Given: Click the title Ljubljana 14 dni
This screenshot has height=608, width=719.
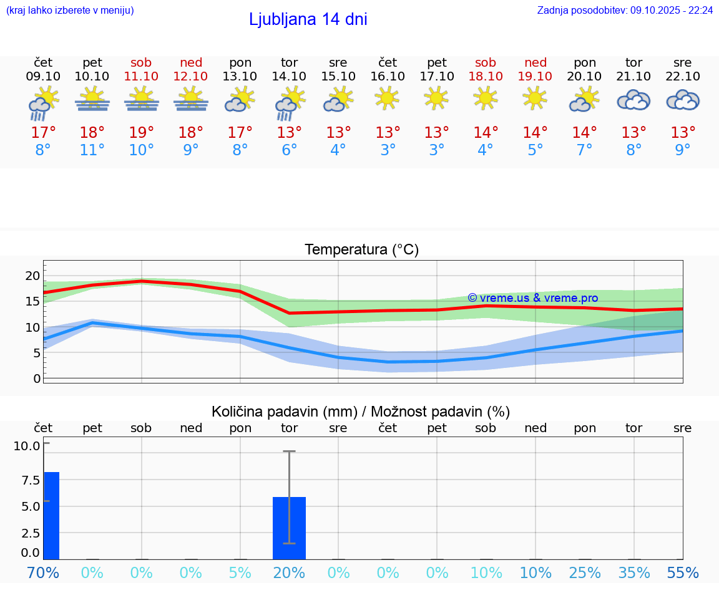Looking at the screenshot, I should point(308,19).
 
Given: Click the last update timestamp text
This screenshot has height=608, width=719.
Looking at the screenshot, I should point(625,11).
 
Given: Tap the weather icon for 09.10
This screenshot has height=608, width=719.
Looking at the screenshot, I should point(43,102).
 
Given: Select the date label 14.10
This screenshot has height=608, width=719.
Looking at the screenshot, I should point(289,77).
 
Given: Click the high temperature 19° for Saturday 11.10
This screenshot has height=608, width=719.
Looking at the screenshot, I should point(142,133).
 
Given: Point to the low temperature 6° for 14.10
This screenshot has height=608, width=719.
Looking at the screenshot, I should point(289,150).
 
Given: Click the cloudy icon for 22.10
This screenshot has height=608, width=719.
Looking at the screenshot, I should point(683,100).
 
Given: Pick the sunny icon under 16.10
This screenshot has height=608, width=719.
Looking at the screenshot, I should point(388,98).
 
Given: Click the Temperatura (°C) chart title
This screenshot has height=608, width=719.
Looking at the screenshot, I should point(361,250).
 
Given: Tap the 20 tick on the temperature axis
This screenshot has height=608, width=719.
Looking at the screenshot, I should point(32,276).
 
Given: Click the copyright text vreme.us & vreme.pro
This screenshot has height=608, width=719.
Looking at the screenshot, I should point(533,298).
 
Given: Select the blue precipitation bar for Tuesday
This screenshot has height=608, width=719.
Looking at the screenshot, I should point(289,528).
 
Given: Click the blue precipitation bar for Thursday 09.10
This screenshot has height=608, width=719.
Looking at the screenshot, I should point(51,515).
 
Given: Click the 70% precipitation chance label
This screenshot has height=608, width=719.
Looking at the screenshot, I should point(43,572).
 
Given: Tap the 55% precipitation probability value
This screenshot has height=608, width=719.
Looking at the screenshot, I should point(683,572).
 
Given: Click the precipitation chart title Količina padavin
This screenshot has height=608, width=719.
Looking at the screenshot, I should point(361,412).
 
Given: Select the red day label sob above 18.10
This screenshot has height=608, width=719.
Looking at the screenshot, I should point(486,62).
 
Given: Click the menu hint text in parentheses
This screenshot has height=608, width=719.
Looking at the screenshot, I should point(70,11).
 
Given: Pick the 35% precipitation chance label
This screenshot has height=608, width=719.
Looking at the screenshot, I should point(633,572).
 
